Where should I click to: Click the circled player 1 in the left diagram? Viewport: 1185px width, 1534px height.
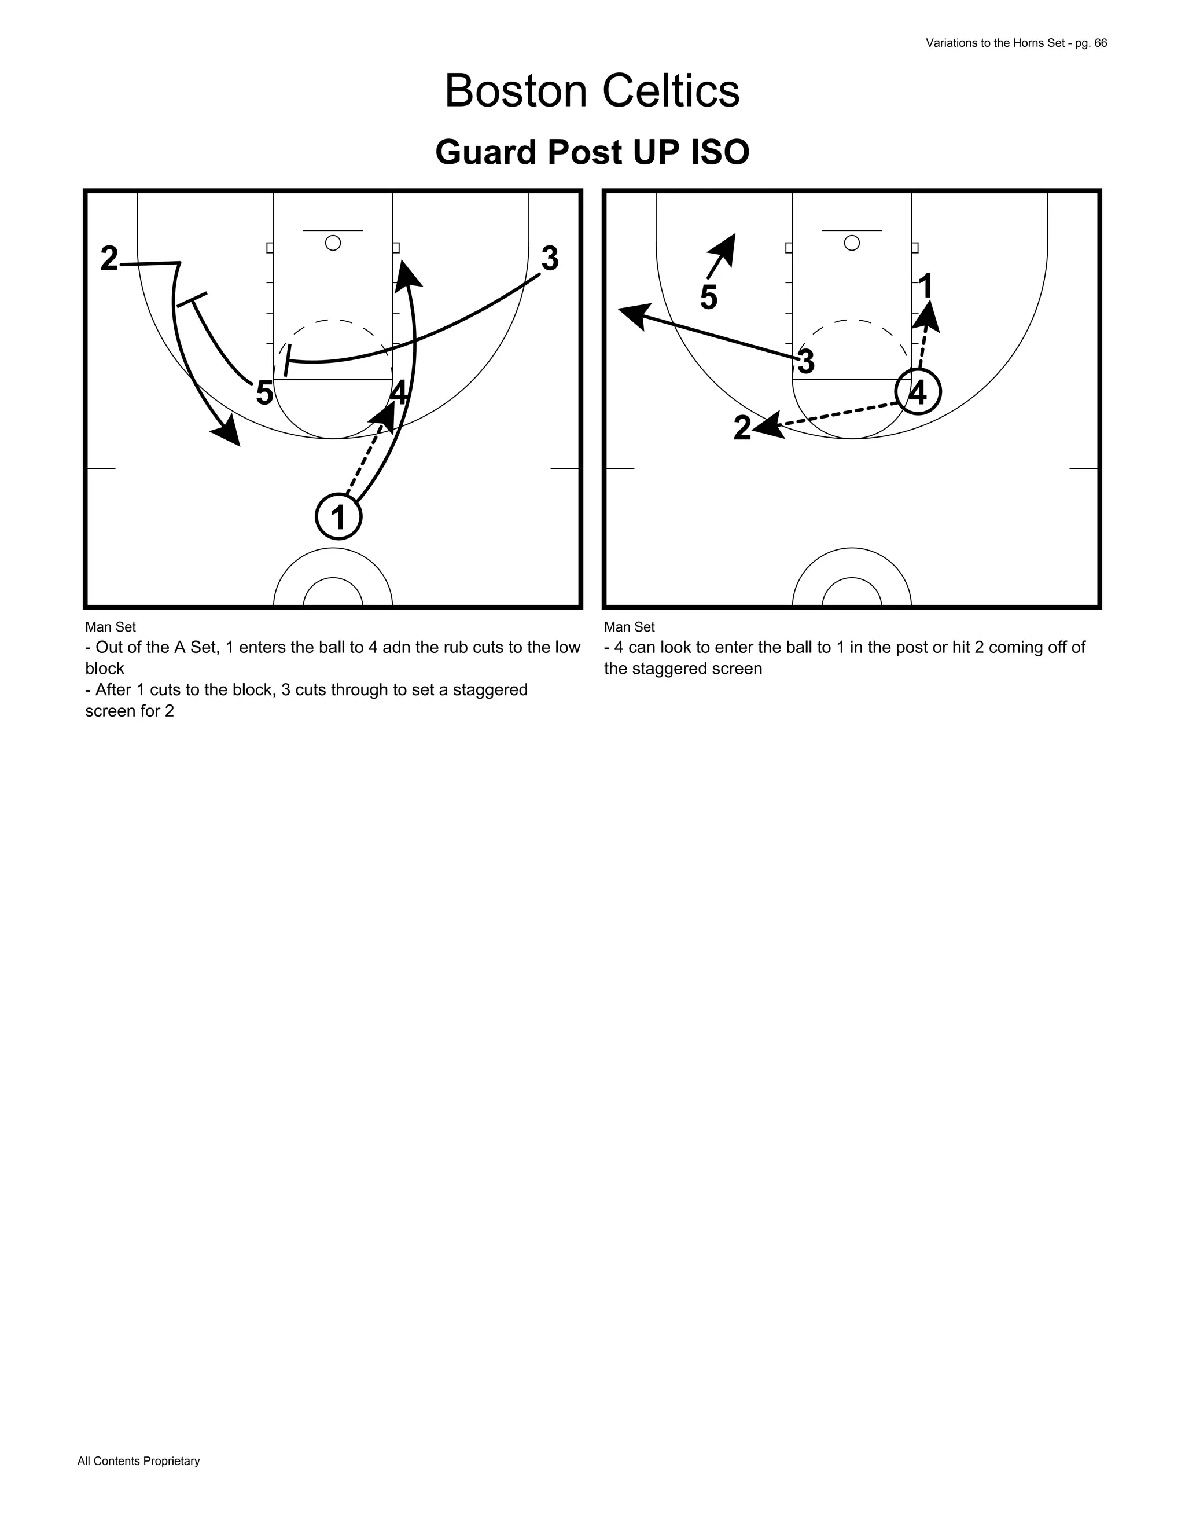click(x=338, y=517)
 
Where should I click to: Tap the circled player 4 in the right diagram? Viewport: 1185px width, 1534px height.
click(x=918, y=392)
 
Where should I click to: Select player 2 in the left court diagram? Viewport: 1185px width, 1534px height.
click(x=109, y=259)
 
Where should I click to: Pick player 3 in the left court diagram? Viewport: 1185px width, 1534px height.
click(x=550, y=259)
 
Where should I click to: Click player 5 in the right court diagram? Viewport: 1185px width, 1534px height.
click(x=708, y=298)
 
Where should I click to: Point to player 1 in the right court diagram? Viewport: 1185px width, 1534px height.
click(x=925, y=287)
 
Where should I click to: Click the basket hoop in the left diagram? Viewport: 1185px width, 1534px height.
click(x=333, y=243)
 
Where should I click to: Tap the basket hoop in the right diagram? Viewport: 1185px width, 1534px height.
click(x=852, y=243)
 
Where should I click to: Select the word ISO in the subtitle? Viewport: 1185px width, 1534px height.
click(x=720, y=152)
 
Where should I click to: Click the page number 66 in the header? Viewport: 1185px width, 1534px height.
click(x=1100, y=43)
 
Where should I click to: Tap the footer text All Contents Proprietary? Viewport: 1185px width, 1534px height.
click(x=138, y=1461)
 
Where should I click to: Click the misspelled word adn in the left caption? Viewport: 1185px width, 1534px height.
click(x=396, y=648)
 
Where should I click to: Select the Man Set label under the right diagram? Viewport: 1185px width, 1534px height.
click(x=629, y=626)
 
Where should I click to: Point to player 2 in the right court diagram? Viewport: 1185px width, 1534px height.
click(x=742, y=428)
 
